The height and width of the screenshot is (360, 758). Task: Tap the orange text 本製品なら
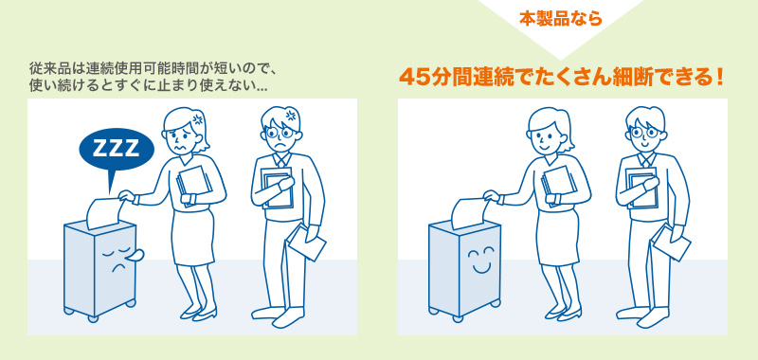pos(561,19)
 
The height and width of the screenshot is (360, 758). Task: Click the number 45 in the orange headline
pos(414,79)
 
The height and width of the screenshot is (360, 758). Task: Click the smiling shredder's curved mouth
pos(481,267)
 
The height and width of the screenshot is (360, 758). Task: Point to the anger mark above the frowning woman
pos(197,118)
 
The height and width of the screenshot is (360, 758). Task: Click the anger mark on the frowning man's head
pos(291,116)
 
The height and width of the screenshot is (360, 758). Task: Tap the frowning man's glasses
pos(280,132)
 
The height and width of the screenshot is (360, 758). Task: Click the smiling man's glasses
pos(644,132)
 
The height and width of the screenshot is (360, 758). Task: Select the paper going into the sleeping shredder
pos(103,212)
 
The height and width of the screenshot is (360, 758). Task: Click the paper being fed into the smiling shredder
pos(468,212)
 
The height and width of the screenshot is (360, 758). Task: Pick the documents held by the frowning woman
pos(194,186)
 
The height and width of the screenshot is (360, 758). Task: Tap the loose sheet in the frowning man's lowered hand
pos(305,243)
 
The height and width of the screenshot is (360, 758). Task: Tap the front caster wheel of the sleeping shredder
pos(93,318)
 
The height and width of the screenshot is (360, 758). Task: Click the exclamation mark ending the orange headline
pos(720,79)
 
